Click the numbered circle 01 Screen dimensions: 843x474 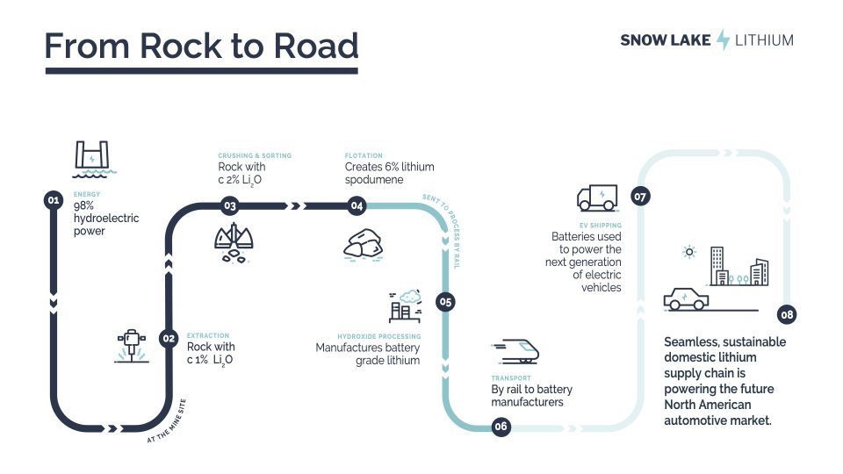(54, 200)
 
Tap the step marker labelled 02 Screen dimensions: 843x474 (169, 338)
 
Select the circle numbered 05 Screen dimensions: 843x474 (445, 301)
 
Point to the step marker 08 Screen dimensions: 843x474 (787, 314)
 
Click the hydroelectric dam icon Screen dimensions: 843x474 (94, 159)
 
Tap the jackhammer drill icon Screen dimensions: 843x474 (131, 346)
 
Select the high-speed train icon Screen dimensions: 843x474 (515, 351)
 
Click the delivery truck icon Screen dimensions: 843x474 (597, 197)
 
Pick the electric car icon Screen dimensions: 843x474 (686, 299)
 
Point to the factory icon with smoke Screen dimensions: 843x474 (406, 305)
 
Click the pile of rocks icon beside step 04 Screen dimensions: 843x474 (363, 245)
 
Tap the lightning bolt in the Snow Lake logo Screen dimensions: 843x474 (723, 39)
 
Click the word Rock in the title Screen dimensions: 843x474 (180, 46)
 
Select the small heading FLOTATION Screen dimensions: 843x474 (364, 155)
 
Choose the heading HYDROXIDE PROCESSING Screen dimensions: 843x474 (379, 336)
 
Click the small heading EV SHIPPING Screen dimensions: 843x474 (600, 226)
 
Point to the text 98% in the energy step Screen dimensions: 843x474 (84, 205)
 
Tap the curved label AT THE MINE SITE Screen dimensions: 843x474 (167, 421)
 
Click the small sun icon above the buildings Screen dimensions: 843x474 (689, 252)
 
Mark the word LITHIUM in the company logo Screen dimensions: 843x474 (764, 40)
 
